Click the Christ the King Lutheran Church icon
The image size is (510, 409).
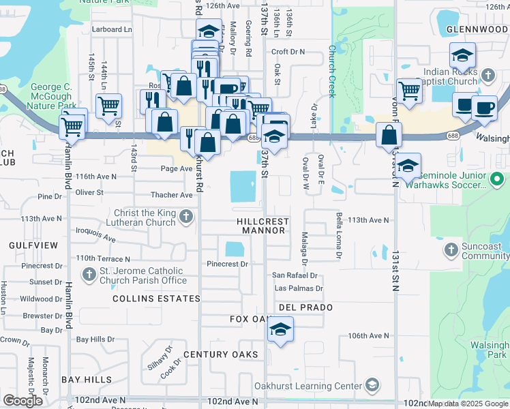click(187, 217)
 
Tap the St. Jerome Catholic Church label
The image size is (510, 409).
click(144, 275)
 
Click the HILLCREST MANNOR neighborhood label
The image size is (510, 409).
click(262, 226)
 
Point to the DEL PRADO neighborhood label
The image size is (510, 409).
click(305, 307)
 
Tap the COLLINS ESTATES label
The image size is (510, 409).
click(156, 299)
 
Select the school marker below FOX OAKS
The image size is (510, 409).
click(280, 330)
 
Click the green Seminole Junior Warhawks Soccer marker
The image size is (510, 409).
click(498, 181)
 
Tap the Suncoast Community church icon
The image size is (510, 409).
click(450, 250)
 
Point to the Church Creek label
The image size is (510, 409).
click(332, 72)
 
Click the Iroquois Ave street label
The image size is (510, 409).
click(95, 236)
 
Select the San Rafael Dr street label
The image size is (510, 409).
click(295, 275)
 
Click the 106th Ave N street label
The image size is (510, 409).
click(368, 336)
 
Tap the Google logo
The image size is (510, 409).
click(23, 401)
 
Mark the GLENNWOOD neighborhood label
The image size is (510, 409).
click(477, 29)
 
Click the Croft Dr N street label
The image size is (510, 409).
click(288, 52)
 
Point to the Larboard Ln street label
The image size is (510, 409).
click(112, 29)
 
